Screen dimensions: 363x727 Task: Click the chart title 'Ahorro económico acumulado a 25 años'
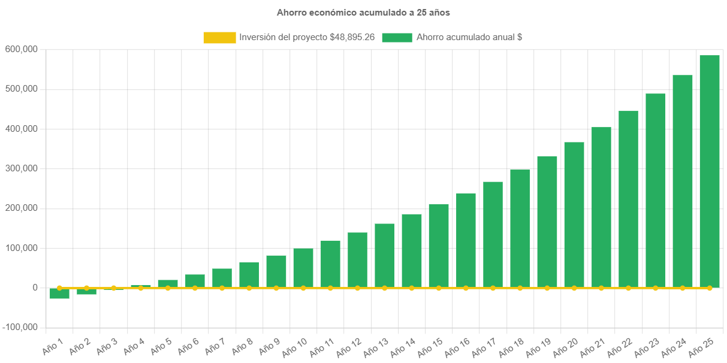[x=363, y=12]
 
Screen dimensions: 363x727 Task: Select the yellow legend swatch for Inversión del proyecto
[x=219, y=38]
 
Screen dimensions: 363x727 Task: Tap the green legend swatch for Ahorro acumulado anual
[x=397, y=38]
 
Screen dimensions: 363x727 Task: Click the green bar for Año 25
[x=709, y=171]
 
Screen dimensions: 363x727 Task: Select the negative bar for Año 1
[x=59, y=294]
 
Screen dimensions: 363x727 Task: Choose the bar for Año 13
[x=384, y=255]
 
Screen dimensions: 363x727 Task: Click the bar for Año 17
[x=493, y=234]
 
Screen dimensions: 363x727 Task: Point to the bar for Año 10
[x=303, y=268]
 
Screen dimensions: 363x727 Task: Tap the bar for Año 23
[x=655, y=190]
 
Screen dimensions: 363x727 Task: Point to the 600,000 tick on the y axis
[x=21, y=49]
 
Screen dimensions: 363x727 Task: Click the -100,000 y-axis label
[x=20, y=328]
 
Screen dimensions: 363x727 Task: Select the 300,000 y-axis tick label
[x=21, y=168]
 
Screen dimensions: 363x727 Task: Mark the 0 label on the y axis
[x=35, y=288]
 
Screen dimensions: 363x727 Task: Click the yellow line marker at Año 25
[x=709, y=288]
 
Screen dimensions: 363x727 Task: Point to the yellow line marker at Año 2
[x=86, y=288]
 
